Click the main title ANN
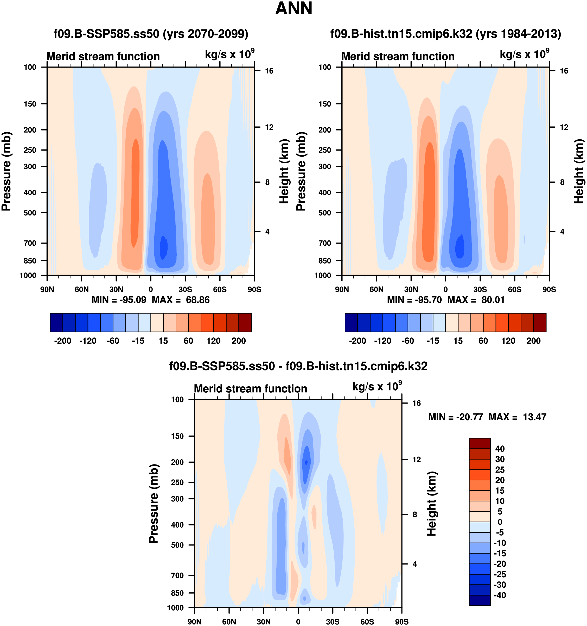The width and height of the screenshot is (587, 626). (x=293, y=9)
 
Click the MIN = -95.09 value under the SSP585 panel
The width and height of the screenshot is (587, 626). (x=119, y=300)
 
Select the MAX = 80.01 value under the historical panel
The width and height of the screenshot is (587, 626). (x=476, y=300)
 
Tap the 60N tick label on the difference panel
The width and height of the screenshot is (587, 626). (x=229, y=622)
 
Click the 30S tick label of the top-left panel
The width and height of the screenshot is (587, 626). (x=185, y=289)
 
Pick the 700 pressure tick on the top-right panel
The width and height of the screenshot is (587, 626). (x=325, y=243)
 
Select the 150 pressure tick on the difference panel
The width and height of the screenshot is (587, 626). (x=177, y=436)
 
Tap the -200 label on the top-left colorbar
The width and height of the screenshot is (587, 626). (x=63, y=341)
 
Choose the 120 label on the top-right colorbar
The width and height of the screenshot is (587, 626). (x=508, y=341)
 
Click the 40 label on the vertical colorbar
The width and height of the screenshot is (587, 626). (x=500, y=449)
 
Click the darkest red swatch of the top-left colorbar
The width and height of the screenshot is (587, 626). (x=245, y=323)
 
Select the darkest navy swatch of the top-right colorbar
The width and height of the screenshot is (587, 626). (x=351, y=323)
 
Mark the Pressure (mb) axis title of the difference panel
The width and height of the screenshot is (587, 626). (x=154, y=504)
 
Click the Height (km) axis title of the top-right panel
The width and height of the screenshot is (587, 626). (x=579, y=171)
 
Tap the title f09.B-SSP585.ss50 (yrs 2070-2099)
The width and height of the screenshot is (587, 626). (x=151, y=34)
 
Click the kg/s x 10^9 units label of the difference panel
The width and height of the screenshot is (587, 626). (x=377, y=386)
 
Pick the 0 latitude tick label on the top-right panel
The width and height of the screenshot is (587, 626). (x=445, y=289)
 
